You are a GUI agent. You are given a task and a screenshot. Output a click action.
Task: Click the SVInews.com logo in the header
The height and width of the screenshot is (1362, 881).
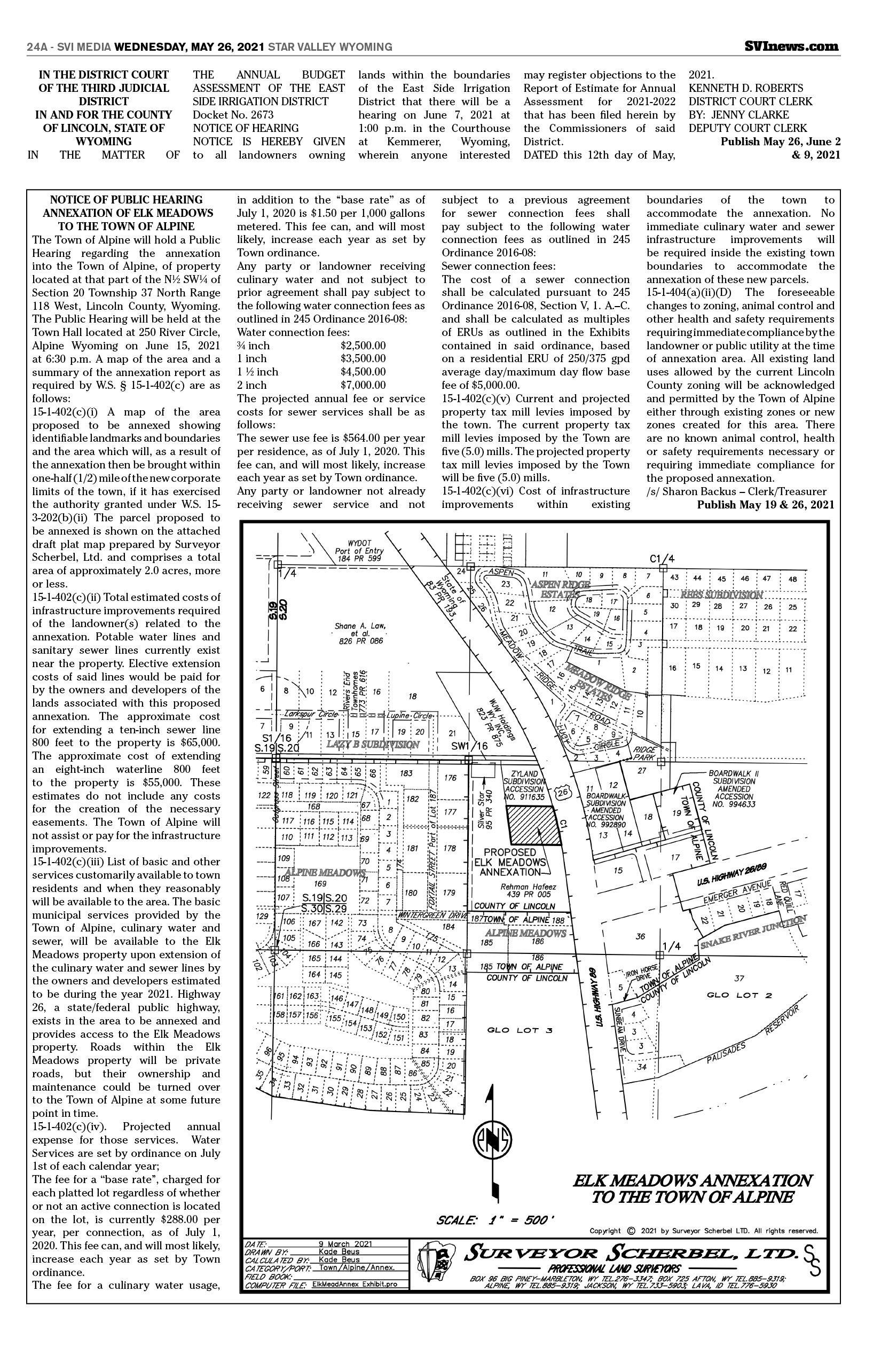click(792, 47)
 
